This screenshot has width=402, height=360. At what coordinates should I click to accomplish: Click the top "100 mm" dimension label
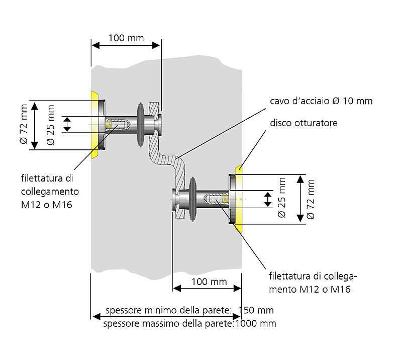click(126, 38)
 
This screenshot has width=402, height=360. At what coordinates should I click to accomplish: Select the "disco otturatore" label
click(304, 123)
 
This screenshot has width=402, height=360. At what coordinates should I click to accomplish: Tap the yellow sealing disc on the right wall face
click(239, 199)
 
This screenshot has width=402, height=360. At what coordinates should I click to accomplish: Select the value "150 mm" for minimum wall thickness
click(256, 310)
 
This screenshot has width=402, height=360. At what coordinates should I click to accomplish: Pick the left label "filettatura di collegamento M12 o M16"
click(50, 192)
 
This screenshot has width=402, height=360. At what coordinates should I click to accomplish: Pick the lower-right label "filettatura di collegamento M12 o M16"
click(313, 283)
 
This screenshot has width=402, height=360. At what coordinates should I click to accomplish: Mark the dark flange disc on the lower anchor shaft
click(192, 199)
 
